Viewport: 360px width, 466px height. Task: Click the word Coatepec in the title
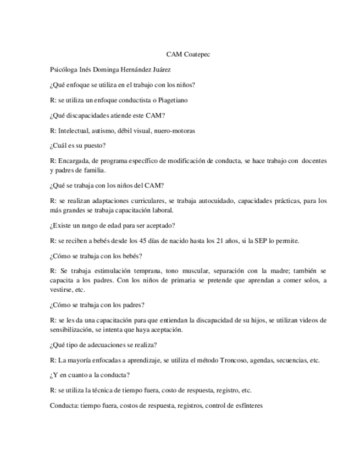(197, 54)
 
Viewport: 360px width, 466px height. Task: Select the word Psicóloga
(64, 70)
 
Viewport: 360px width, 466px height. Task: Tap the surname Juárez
(174, 70)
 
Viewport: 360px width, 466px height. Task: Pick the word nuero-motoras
(172, 131)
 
